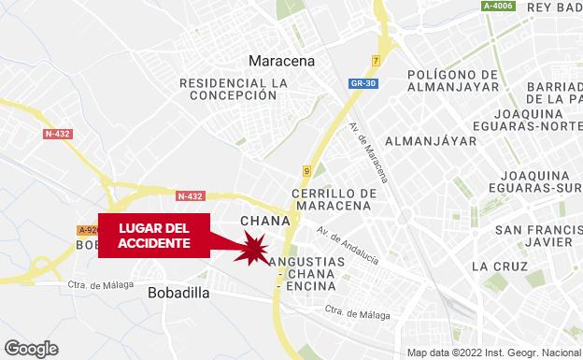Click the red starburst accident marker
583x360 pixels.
coord(253,250)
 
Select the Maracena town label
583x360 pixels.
coord(281,62)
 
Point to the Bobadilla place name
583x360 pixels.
coord(178,293)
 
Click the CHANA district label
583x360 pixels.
coord(260,222)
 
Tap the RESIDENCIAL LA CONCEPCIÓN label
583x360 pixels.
coord(234,89)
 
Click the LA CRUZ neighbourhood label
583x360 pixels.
coord(493,266)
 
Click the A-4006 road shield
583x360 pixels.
coord(499,7)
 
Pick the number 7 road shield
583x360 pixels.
coord(376,61)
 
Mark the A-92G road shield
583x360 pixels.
coord(88,230)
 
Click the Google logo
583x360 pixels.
coord(30,348)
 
